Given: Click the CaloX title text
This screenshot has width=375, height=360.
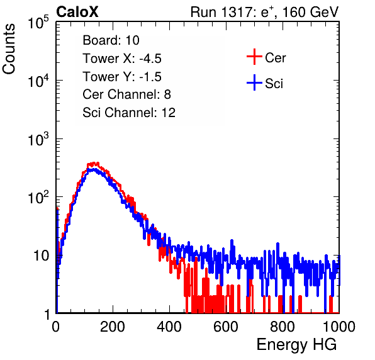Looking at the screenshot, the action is [x=77, y=12].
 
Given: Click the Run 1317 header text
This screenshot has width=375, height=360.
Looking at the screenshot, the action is [x=264, y=12].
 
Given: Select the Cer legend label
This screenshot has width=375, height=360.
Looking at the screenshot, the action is [x=275, y=58].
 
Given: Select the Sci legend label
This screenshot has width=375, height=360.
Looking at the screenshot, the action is [x=274, y=84].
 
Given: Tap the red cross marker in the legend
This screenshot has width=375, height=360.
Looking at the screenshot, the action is [x=254, y=57].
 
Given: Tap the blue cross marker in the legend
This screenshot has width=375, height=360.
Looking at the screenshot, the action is [x=254, y=82].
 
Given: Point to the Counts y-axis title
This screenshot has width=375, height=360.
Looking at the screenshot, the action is [x=9, y=49].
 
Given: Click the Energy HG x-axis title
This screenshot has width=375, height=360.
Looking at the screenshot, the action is [x=296, y=345].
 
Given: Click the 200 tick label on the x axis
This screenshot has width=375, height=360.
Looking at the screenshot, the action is [x=113, y=327].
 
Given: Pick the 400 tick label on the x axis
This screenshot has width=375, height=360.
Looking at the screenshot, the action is [x=169, y=327].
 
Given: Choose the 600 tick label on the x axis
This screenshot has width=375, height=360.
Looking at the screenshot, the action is [x=226, y=327].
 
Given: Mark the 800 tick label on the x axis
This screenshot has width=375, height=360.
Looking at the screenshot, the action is [x=283, y=327].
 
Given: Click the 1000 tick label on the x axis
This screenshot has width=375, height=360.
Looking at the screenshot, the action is [x=339, y=327].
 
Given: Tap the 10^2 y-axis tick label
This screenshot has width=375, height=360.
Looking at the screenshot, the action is [x=39, y=197].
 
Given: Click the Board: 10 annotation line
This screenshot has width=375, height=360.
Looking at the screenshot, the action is [x=111, y=40].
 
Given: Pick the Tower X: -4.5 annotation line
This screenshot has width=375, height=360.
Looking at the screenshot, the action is [x=122, y=59].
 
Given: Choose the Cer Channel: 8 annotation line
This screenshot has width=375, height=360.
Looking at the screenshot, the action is [x=126, y=94].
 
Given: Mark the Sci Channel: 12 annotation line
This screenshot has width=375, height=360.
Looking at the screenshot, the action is [x=129, y=113].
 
